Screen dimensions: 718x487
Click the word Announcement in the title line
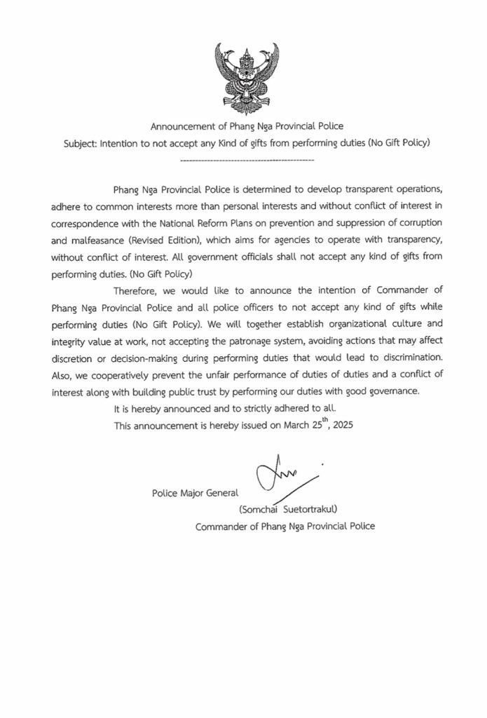pyautogui.click(x=183, y=127)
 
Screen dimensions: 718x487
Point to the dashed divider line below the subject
pyautogui.click(x=247, y=161)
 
